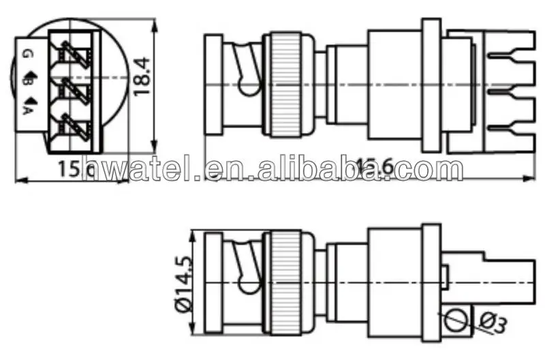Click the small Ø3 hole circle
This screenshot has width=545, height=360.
coord(457,318)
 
